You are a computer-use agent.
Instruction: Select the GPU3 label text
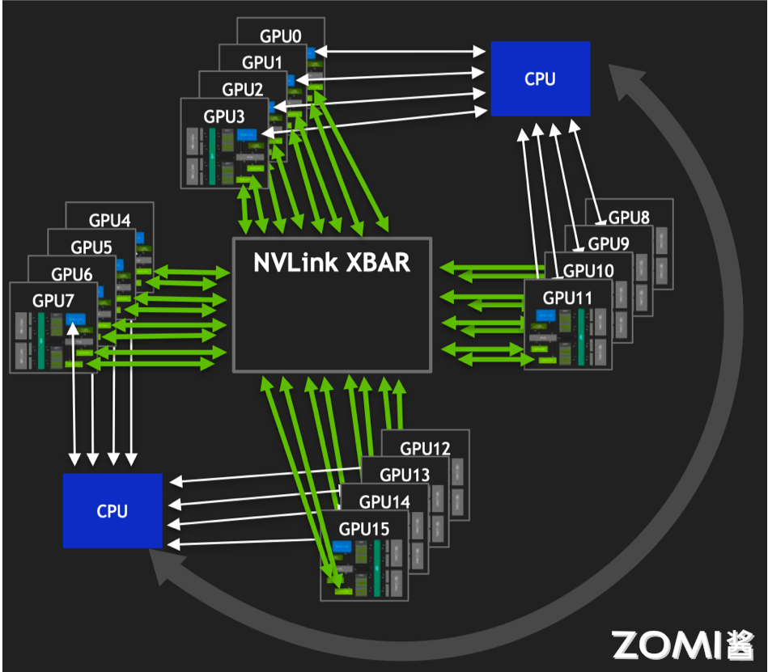point(223,116)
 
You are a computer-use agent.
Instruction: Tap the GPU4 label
point(109,220)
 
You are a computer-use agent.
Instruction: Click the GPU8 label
point(629,218)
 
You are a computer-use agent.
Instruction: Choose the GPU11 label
point(567,298)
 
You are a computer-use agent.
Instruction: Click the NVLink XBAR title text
point(332,263)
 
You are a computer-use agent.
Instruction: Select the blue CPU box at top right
point(540,78)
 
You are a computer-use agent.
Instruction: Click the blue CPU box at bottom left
point(112,510)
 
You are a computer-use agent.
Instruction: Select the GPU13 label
point(405,475)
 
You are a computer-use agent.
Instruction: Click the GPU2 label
point(243,89)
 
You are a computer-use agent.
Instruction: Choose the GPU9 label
point(609,243)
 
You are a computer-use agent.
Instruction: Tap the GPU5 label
point(91,247)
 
